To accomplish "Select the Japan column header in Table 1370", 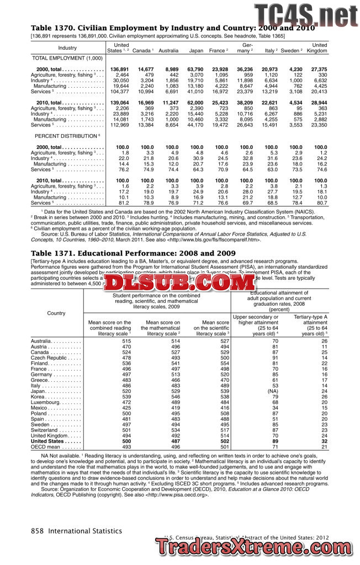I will [196, 51].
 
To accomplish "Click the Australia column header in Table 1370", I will [168, 51].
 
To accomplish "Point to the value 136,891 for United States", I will [119, 70].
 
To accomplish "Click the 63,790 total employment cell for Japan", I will [195, 70].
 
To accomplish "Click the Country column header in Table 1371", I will [56, 313].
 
